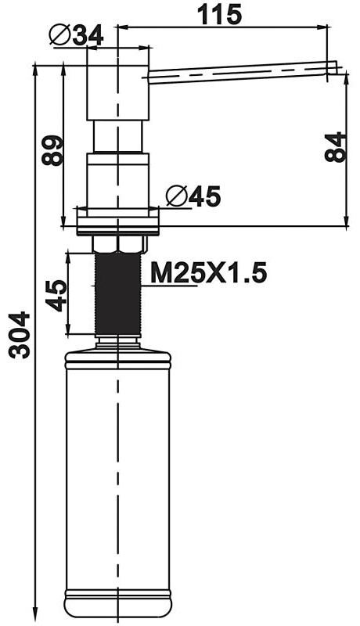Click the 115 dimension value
[219, 14]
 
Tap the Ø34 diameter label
[76, 35]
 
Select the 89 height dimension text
[52, 150]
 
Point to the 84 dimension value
[334, 147]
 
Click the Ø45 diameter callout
[193, 196]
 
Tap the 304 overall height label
[20, 335]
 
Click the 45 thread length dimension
[56, 296]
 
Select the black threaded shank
[117, 294]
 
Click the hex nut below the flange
[117, 243]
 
